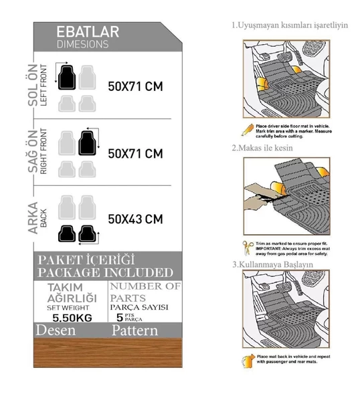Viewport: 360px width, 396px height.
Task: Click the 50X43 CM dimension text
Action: tap(135, 219)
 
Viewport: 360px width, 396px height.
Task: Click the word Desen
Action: tap(56, 330)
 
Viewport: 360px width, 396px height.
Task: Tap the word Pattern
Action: tap(134, 330)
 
